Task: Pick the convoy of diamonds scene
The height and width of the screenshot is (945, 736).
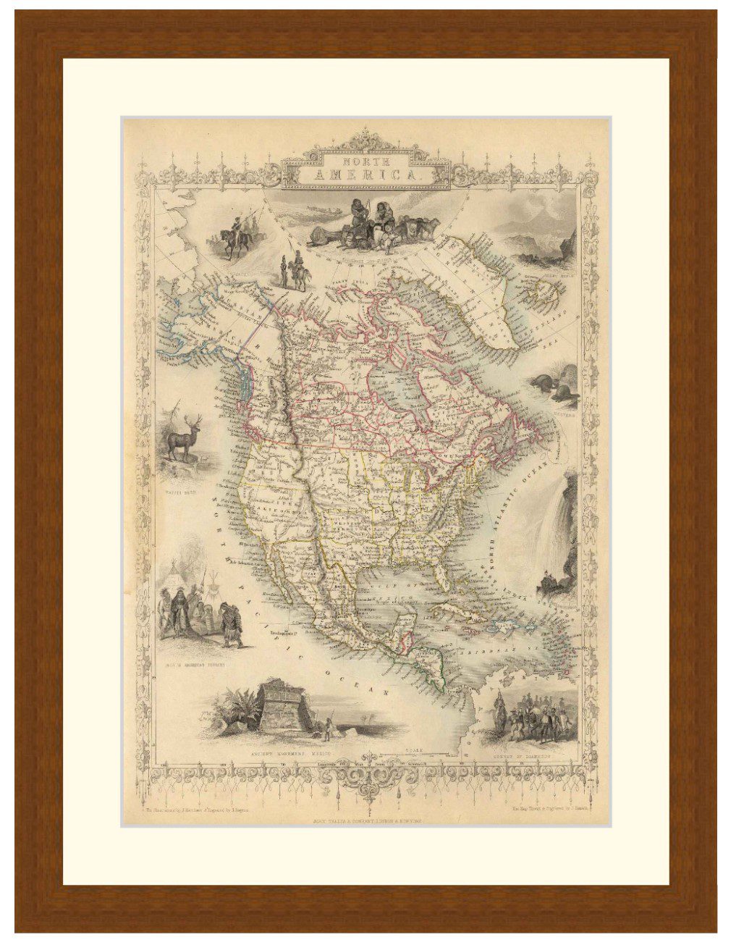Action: (x=535, y=716)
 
